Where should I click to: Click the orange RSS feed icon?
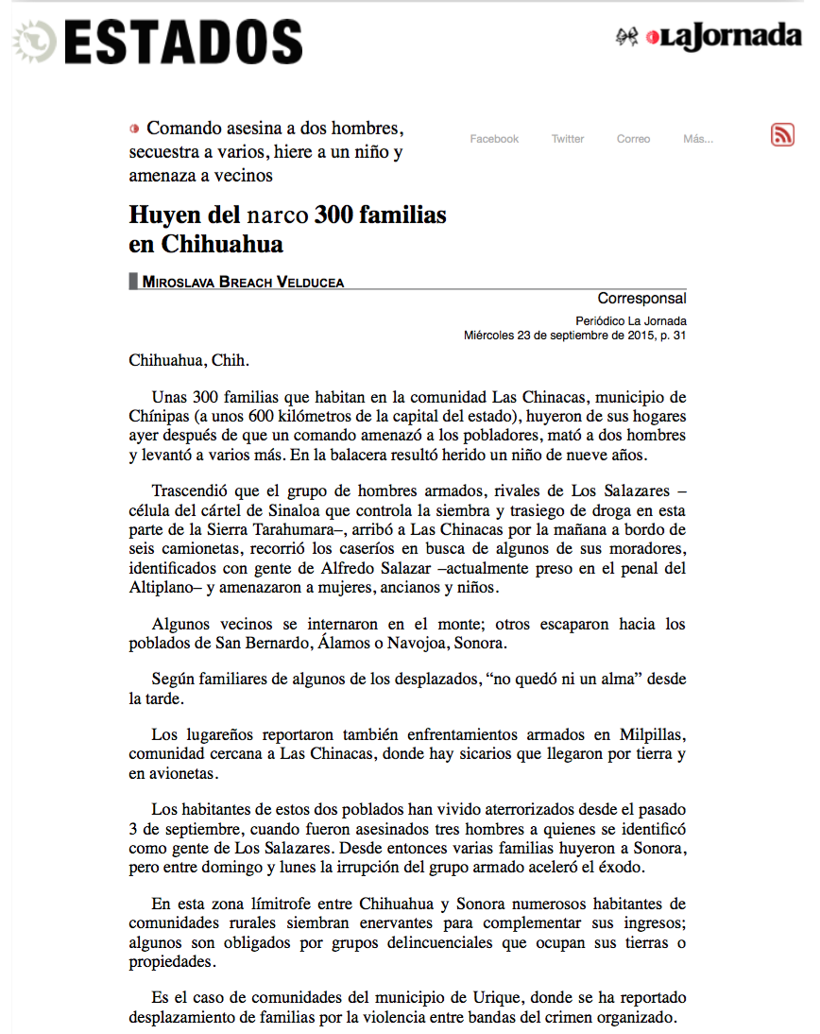782,135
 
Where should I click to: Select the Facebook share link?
494,139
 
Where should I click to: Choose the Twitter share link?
568,139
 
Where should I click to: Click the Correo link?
633,139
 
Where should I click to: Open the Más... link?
698,139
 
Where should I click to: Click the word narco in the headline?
282,215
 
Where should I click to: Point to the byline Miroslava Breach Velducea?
243,281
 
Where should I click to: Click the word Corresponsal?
641,299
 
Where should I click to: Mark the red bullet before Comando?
134,128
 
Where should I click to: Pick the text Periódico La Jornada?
630,320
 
